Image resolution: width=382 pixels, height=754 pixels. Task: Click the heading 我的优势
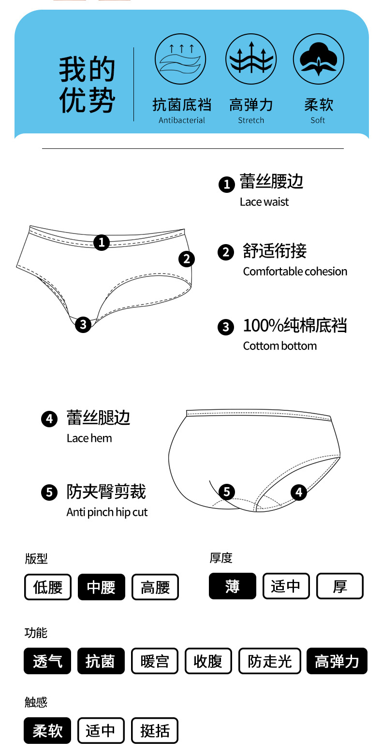87,85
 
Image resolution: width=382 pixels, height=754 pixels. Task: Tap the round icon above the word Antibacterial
180,59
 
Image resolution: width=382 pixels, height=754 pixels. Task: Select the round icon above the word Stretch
251,59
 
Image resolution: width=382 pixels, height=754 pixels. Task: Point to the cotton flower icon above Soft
318,59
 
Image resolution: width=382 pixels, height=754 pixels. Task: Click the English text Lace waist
264,202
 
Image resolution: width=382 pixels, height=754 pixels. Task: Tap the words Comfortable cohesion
295,272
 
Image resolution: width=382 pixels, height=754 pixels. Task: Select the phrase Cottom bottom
280,346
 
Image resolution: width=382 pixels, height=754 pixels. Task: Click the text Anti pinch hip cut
107,512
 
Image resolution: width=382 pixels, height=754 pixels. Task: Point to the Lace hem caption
89,438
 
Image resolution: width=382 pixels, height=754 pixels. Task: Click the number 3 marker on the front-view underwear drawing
83,324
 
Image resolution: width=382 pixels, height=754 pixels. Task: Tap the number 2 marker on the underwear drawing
187,259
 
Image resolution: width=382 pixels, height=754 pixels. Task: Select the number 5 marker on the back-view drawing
226,492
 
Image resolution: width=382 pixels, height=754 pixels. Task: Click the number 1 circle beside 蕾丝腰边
226,184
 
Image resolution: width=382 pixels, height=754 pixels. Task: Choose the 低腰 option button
48,587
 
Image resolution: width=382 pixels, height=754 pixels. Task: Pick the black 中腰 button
101,587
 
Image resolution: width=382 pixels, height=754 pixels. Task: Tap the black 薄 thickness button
232,586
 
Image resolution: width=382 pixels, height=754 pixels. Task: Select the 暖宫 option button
155,661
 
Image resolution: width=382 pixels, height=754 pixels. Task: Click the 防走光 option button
270,661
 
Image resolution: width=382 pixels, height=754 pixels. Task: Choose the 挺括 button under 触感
155,730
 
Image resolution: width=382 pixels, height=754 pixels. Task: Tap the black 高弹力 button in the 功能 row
337,661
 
